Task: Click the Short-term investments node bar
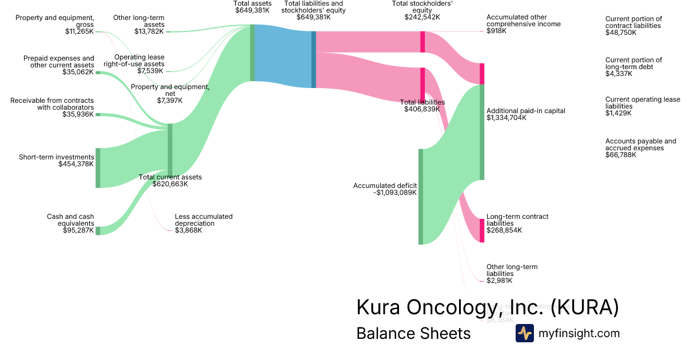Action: click(x=98, y=167)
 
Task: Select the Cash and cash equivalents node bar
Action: click(x=98, y=230)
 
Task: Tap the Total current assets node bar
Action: click(x=170, y=150)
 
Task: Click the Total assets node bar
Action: click(x=252, y=53)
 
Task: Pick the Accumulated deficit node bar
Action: click(x=421, y=196)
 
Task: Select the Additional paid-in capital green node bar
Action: click(x=481, y=132)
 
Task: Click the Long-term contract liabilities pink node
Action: click(x=481, y=230)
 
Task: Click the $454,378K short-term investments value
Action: click(x=76, y=164)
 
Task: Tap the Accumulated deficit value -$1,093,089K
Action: click(x=395, y=193)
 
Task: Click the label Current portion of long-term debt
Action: click(x=633, y=63)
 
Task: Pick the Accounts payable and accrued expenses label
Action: click(x=640, y=145)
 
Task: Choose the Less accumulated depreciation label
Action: click(x=204, y=220)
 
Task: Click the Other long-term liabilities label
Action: click(x=512, y=270)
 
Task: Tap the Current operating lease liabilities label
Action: click(x=643, y=103)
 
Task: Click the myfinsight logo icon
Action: click(x=524, y=333)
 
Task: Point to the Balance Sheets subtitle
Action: click(x=413, y=333)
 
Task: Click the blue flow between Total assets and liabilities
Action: click(x=283, y=56)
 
